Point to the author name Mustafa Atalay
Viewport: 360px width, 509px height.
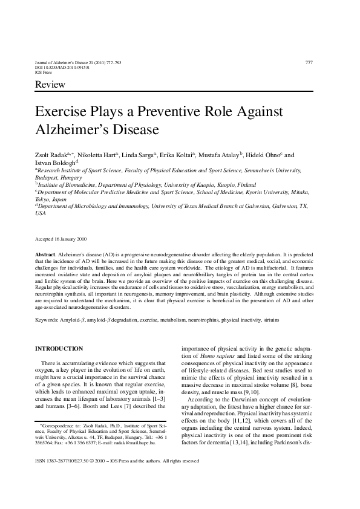point(221,155)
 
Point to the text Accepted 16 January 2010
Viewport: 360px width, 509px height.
point(60,239)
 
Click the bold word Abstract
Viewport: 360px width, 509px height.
point(45,257)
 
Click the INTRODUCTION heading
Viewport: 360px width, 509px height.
point(59,349)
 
